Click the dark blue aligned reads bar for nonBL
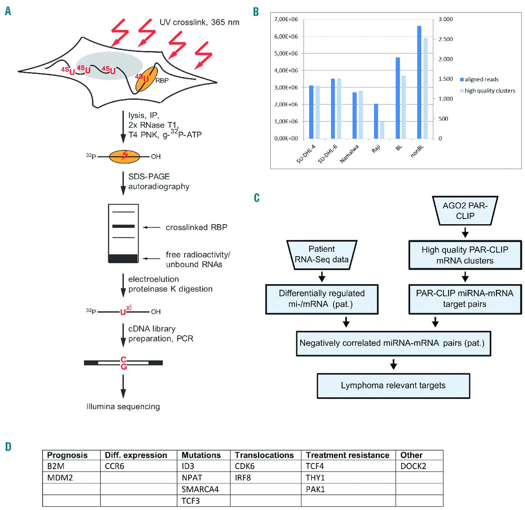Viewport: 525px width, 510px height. tap(419, 82)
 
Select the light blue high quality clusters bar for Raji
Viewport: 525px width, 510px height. tap(382, 130)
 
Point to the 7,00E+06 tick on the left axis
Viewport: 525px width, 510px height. tap(286, 19)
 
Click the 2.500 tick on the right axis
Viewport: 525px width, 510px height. tap(445, 39)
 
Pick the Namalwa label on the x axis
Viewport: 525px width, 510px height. tap(350, 154)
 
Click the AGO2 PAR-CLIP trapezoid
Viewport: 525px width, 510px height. tap(465, 211)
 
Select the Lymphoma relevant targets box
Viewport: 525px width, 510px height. tap(393, 386)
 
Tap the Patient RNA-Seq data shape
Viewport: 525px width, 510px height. tap(322, 255)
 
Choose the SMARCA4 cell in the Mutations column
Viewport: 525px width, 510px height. tap(200, 490)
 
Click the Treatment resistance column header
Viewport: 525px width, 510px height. tap(347, 455)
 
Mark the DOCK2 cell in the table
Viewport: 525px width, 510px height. tap(413, 467)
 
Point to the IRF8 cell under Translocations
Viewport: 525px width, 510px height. tap(243, 478)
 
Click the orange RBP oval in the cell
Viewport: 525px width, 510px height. tap(146, 79)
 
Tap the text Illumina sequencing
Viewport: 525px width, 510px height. tap(123, 407)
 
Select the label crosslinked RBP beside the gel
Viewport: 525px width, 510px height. tap(196, 228)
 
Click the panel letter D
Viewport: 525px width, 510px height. tap(8, 447)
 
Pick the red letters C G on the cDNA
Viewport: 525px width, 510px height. tap(123, 363)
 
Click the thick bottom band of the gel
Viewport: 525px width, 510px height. tap(123, 258)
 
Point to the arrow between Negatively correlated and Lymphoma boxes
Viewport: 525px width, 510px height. tap(393, 364)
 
